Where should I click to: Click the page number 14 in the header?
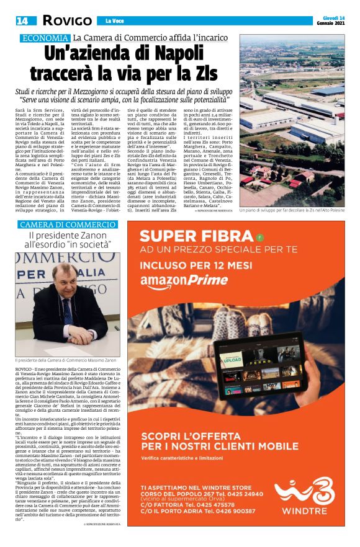[x=22, y=20]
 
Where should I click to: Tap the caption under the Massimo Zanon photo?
[x=66, y=360]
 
